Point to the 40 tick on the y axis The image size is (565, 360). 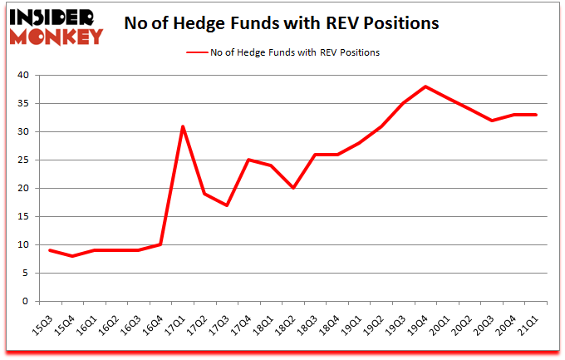click(24, 76)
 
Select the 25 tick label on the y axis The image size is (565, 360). click(24, 160)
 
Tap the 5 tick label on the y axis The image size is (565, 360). click(27, 274)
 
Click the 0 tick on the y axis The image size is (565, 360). click(27, 302)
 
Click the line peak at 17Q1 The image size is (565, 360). click(183, 126)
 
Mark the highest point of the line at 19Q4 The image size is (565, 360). click(425, 86)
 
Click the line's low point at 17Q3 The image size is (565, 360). click(227, 205)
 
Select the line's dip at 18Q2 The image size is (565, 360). click(293, 189)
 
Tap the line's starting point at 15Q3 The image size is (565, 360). click(51, 250)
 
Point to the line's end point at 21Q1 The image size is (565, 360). click(536, 115)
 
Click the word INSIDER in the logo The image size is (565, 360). click(53, 17)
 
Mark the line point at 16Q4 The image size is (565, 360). click(160, 244)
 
